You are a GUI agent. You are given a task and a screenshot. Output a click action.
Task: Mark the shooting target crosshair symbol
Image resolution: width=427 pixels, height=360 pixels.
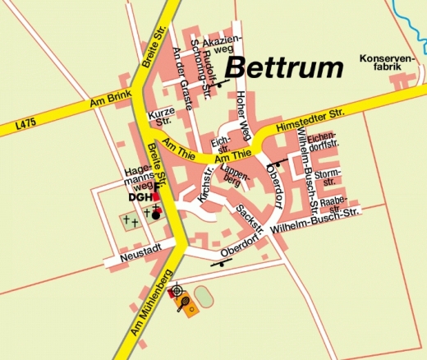click(x=174, y=291)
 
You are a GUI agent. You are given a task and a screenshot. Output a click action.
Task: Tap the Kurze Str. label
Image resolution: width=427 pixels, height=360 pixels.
click(x=158, y=118)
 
